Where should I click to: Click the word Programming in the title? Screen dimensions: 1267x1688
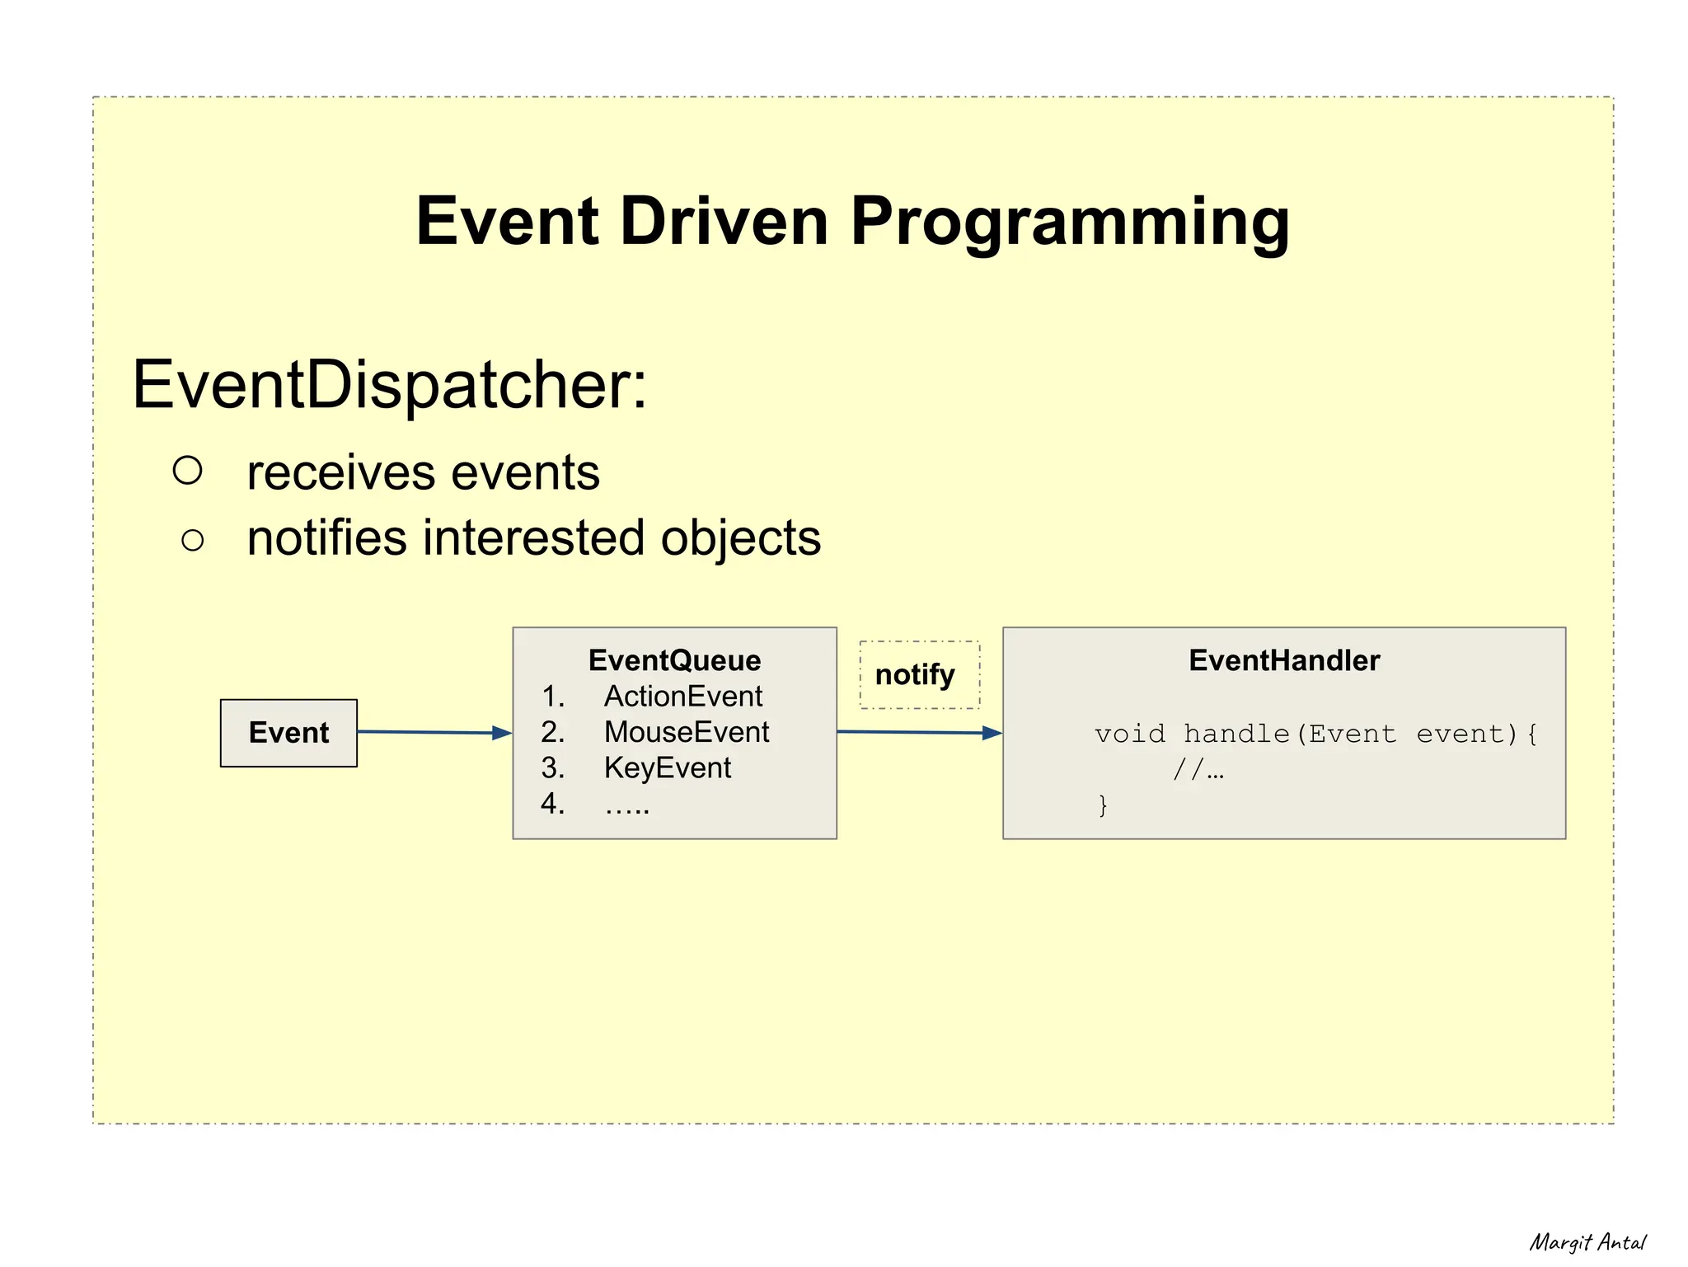(x=1069, y=223)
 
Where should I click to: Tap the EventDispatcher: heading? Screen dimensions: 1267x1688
(x=389, y=385)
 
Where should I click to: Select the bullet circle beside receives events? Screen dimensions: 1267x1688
(x=188, y=470)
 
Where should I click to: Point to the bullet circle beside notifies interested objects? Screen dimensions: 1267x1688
(x=192, y=541)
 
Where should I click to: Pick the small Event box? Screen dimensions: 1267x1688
(x=288, y=733)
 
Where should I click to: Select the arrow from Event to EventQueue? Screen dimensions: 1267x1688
(x=434, y=732)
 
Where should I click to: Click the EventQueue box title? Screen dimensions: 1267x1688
(x=674, y=660)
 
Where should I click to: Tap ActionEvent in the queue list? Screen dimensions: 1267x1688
(x=682, y=697)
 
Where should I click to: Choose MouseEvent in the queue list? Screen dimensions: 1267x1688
(x=686, y=732)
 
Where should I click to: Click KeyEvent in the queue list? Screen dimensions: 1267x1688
(x=667, y=768)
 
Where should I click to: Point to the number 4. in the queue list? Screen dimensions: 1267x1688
(x=552, y=804)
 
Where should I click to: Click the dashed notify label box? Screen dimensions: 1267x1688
(x=919, y=675)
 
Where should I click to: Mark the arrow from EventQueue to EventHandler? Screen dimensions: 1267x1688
(x=919, y=732)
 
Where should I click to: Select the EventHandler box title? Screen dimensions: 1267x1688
(x=1283, y=660)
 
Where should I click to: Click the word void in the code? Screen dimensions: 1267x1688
(x=1129, y=734)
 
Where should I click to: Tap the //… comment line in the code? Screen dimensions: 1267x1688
(x=1198, y=770)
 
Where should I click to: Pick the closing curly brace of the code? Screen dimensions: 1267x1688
(x=1103, y=805)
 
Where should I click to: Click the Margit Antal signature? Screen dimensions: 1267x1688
(x=1587, y=1242)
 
